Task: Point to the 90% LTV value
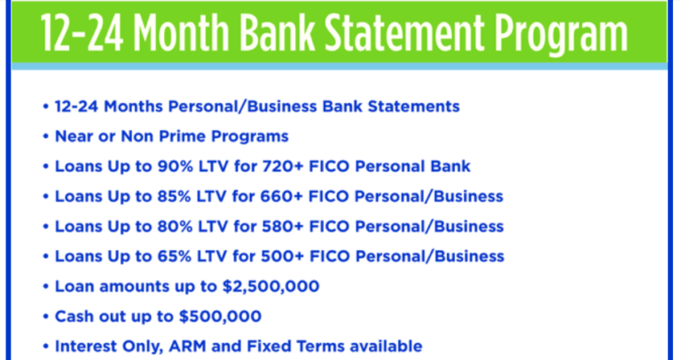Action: pos(173,166)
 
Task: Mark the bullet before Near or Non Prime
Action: pos(45,136)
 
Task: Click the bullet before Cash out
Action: pos(45,317)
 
